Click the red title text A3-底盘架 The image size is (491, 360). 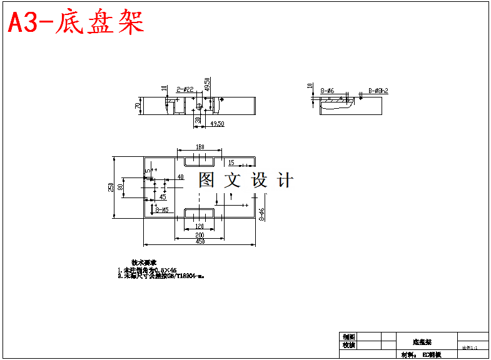tap(76, 23)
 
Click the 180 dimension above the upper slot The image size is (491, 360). tap(200, 147)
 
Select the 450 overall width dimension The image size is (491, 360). tap(200, 241)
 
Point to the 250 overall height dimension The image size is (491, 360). tap(111, 187)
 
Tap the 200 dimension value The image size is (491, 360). tap(200, 234)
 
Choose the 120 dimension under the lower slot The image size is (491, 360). tap(200, 226)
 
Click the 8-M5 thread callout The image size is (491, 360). tap(161, 211)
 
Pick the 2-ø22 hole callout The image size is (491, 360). tap(185, 90)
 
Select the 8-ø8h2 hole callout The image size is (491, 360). tap(378, 91)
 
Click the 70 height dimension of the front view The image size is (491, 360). tap(138, 106)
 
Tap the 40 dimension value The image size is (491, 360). tap(180, 177)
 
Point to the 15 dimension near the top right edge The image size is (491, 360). tap(231, 162)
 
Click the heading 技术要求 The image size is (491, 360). tap(143, 262)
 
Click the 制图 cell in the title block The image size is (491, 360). tap(349, 337)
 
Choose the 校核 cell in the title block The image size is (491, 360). tap(349, 345)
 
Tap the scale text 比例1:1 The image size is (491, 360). tap(470, 347)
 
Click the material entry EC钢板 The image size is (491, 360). tap(432, 354)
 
